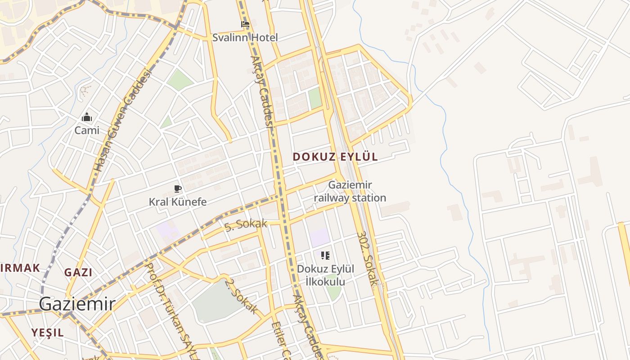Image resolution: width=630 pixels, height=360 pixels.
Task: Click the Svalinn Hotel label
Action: pyautogui.click(x=245, y=37)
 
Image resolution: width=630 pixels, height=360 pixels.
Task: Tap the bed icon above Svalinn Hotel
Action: pyautogui.click(x=245, y=24)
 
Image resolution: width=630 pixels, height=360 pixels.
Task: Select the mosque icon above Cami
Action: pyautogui.click(x=87, y=117)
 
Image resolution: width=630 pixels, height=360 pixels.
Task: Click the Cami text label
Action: pyautogui.click(x=87, y=130)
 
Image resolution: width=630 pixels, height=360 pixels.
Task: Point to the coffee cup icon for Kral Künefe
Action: pyautogui.click(x=178, y=189)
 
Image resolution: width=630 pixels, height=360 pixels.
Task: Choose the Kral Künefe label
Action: pyautogui.click(x=178, y=202)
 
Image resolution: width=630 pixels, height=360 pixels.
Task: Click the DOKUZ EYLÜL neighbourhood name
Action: pyautogui.click(x=335, y=157)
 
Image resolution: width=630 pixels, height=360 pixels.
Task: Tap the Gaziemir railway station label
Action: pyautogui.click(x=350, y=191)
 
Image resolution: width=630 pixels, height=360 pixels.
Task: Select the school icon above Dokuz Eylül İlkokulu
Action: pyautogui.click(x=325, y=256)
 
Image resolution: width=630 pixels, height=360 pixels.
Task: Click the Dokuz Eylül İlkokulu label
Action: pyautogui.click(x=325, y=275)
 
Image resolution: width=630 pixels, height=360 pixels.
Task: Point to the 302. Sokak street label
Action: pyautogui.click(x=368, y=259)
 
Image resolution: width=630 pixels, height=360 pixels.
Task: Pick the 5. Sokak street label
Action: pyautogui.click(x=246, y=224)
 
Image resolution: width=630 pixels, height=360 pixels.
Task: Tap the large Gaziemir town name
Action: pyautogui.click(x=77, y=304)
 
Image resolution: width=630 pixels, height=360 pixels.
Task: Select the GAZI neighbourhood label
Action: pyautogui.click(x=78, y=272)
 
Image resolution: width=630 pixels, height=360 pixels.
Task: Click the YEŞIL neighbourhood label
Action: pyautogui.click(x=47, y=333)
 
